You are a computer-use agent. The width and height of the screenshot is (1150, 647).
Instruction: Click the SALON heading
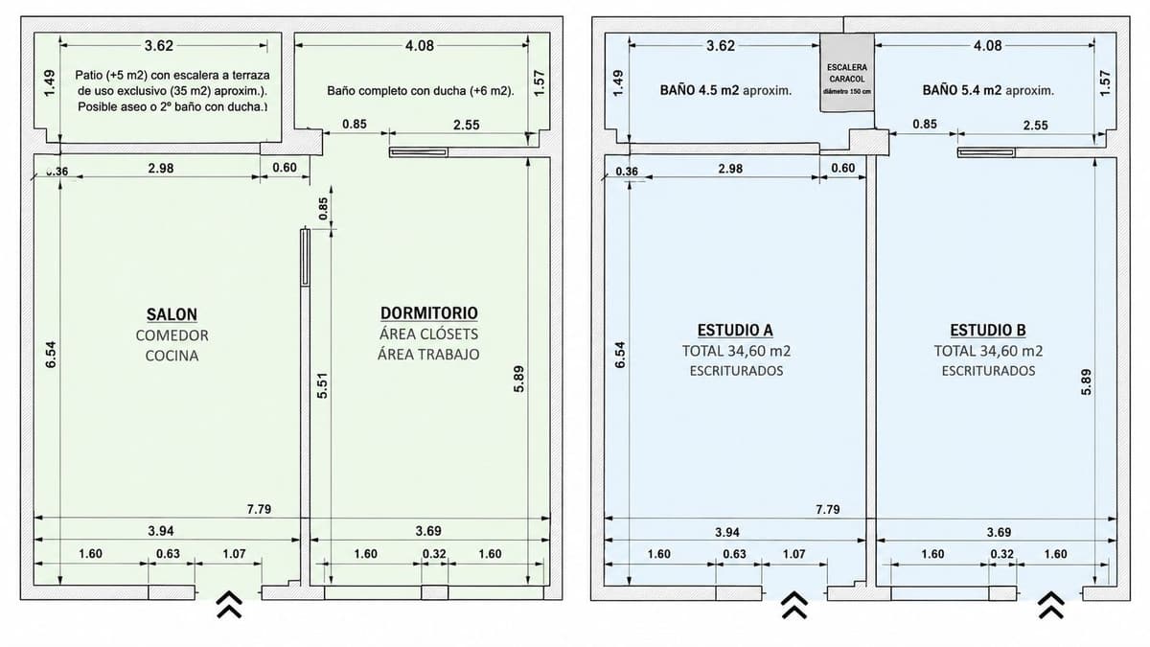pos(172,313)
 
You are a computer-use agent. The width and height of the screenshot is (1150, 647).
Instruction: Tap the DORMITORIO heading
pos(428,312)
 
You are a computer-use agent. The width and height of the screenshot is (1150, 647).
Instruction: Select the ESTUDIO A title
pos(735,330)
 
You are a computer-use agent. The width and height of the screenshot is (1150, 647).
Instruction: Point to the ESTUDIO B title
pos(988,330)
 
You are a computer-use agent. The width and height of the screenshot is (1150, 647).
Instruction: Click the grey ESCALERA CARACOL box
pos(847,73)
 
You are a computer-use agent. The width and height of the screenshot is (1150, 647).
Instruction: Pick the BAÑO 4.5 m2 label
pos(700,90)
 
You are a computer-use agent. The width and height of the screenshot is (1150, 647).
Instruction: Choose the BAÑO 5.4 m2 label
pos(961,90)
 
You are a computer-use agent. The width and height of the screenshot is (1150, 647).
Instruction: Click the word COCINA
pos(172,356)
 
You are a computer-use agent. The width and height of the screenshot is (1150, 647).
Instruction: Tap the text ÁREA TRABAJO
pos(428,355)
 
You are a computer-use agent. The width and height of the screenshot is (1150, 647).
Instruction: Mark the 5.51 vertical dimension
pos(322,385)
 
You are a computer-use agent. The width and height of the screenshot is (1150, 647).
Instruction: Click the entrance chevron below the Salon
pos(229,605)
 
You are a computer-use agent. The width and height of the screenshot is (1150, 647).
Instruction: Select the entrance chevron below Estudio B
pos(1051,605)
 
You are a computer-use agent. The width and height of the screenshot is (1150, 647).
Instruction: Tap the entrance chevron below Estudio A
pos(794,605)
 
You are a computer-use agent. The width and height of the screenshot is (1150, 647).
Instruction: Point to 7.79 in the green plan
pos(259,509)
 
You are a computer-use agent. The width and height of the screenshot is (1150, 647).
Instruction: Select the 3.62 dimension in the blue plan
pos(721,46)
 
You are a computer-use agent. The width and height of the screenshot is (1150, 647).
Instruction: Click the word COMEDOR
pos(172,335)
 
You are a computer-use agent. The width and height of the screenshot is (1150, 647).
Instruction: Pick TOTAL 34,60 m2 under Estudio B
pos(988,351)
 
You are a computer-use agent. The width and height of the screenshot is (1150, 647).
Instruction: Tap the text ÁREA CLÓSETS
pos(428,334)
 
